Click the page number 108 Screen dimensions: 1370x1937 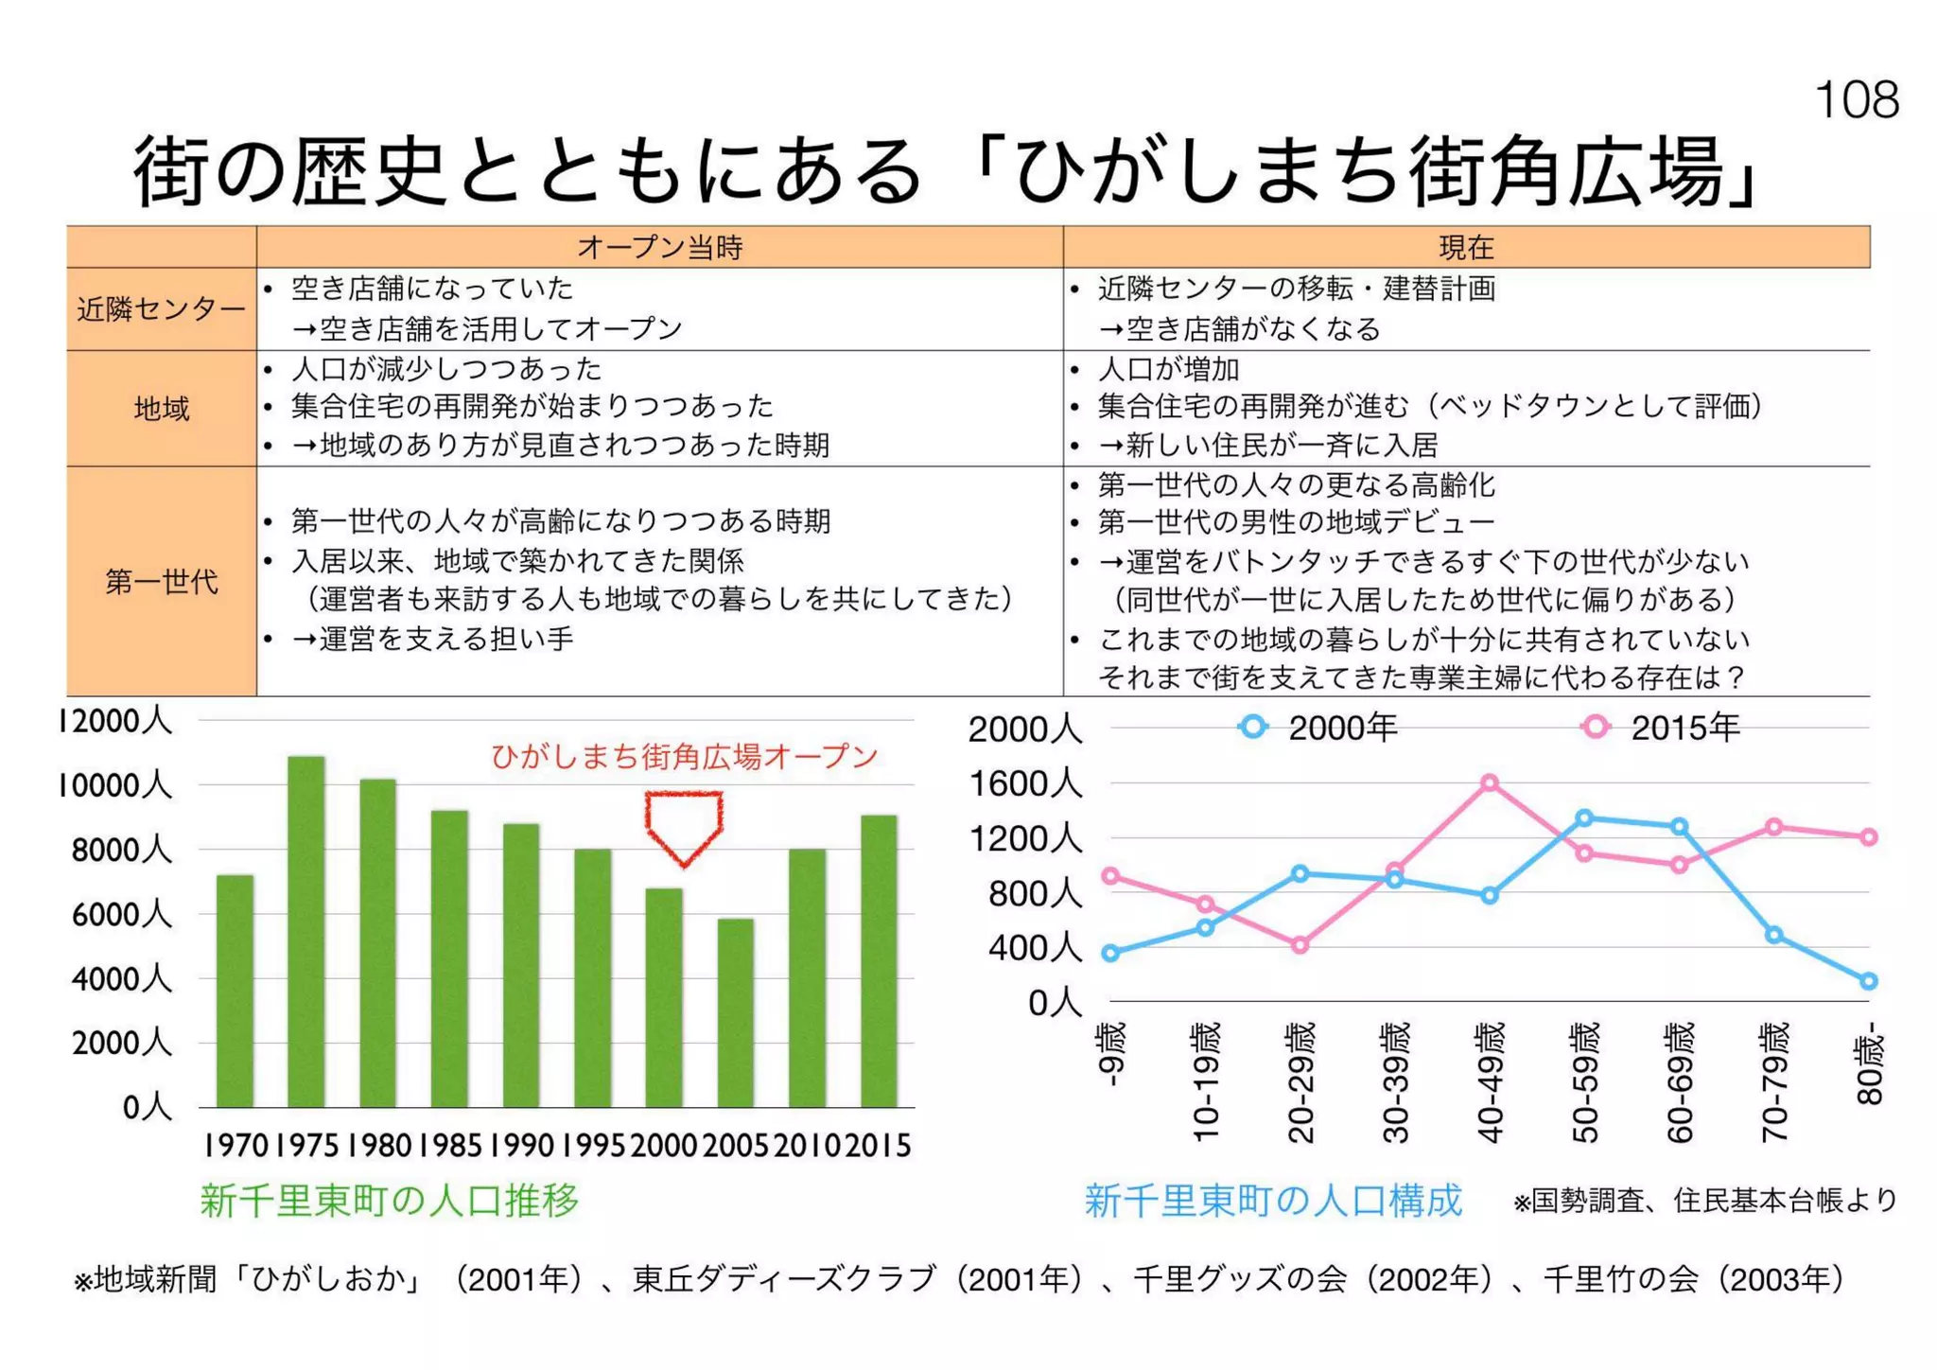(1856, 99)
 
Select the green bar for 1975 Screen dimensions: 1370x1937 (305, 932)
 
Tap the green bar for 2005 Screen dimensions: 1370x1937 (735, 1012)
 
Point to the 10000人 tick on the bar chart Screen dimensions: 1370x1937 (114, 785)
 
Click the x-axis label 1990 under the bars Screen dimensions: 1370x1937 (521, 1146)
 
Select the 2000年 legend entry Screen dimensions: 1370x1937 (1319, 728)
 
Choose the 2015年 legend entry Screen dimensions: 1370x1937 (1662, 728)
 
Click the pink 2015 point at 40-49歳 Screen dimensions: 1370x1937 (1490, 782)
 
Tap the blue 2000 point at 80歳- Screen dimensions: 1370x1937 (1868, 981)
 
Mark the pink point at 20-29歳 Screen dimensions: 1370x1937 (1300, 944)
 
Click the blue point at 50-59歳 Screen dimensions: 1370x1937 (1584, 817)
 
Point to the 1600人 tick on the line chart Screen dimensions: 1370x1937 (1025, 783)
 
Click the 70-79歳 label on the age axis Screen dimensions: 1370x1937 (1774, 1082)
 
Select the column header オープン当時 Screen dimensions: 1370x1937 (659, 247)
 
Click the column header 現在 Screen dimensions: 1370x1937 (1465, 247)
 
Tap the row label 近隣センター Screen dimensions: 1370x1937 (161, 309)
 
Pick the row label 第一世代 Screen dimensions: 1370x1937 (161, 581)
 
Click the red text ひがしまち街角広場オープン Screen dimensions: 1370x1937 (684, 756)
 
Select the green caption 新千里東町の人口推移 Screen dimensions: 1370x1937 (389, 1200)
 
